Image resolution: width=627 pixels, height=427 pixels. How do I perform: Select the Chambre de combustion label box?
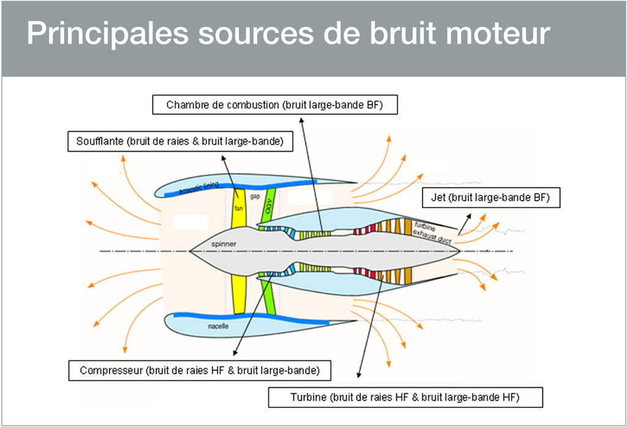click(274, 105)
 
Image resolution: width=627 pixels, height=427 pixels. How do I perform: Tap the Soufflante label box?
click(179, 142)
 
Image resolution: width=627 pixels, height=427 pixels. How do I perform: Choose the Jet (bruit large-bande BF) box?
click(492, 198)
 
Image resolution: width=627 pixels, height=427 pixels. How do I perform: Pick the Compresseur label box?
click(200, 371)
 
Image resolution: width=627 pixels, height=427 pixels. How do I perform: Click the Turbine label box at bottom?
click(405, 397)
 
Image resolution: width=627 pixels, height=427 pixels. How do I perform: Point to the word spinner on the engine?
click(224, 243)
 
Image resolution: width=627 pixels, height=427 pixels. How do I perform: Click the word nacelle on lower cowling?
click(218, 327)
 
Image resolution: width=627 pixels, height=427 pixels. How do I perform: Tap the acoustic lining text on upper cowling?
click(198, 188)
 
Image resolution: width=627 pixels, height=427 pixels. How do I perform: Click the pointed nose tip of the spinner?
click(191, 251)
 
